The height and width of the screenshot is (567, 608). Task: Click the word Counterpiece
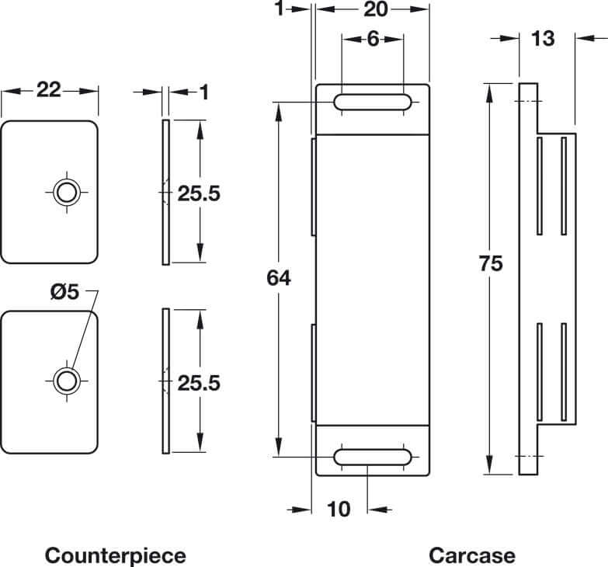click(x=116, y=555)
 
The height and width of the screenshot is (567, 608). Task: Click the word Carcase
click(x=471, y=555)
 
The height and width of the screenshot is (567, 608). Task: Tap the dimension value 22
click(x=49, y=90)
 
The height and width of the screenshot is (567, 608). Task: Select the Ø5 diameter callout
click(x=64, y=292)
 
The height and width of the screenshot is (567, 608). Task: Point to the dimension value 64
click(x=277, y=277)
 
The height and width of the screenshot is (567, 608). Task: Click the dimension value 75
click(x=491, y=263)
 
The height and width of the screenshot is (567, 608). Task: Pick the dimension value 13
click(x=544, y=37)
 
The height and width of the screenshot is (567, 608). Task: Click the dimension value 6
click(x=372, y=38)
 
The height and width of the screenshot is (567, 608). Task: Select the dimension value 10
click(x=339, y=509)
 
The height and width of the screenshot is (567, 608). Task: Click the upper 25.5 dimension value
click(x=199, y=193)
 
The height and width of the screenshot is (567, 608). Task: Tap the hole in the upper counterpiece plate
click(x=67, y=191)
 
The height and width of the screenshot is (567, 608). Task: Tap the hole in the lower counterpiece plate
click(x=67, y=380)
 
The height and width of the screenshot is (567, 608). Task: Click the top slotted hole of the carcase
click(x=372, y=102)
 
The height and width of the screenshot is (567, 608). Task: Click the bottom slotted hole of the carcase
click(x=372, y=456)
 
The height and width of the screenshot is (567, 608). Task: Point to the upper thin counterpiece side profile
click(x=165, y=192)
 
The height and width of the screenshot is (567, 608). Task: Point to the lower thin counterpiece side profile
click(x=165, y=381)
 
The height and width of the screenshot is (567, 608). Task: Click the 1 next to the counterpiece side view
click(x=204, y=92)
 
